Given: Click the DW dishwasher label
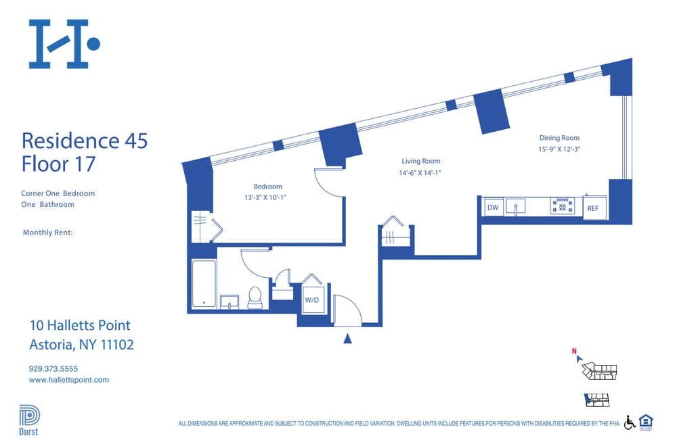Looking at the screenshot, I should [493, 208].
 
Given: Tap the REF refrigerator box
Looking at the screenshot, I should [593, 208].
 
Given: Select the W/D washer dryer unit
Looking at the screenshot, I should [311, 299].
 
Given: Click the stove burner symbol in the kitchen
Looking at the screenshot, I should [563, 206].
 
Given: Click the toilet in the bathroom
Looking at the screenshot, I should [255, 297].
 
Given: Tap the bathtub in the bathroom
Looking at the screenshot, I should [203, 284].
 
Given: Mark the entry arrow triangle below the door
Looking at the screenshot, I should [347, 339].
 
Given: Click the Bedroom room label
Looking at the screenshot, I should [268, 187].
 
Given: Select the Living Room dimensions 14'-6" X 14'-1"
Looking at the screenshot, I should [421, 172].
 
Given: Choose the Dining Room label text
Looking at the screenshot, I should [559, 138].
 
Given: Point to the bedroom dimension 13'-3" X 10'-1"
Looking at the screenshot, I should [268, 197].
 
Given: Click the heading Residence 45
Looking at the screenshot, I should [85, 141].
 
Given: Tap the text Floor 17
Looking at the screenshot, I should [58, 164].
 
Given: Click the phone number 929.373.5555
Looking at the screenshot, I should [53, 369].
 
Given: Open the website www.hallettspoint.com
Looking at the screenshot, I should [69, 380].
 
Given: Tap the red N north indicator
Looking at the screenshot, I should [574, 351].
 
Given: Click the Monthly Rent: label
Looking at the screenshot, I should [47, 233].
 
